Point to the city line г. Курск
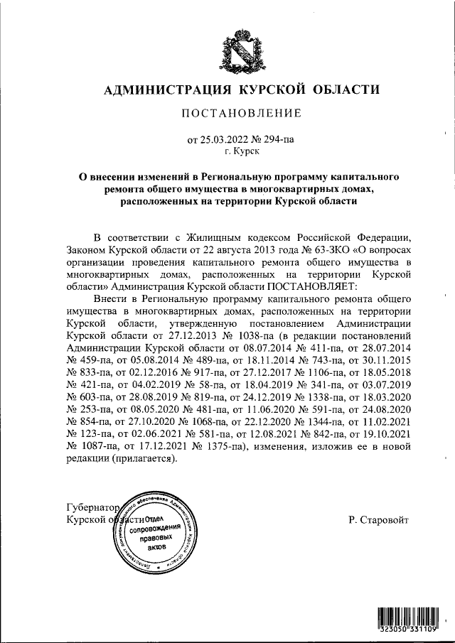click(x=242, y=151)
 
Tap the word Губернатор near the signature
click(x=90, y=508)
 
